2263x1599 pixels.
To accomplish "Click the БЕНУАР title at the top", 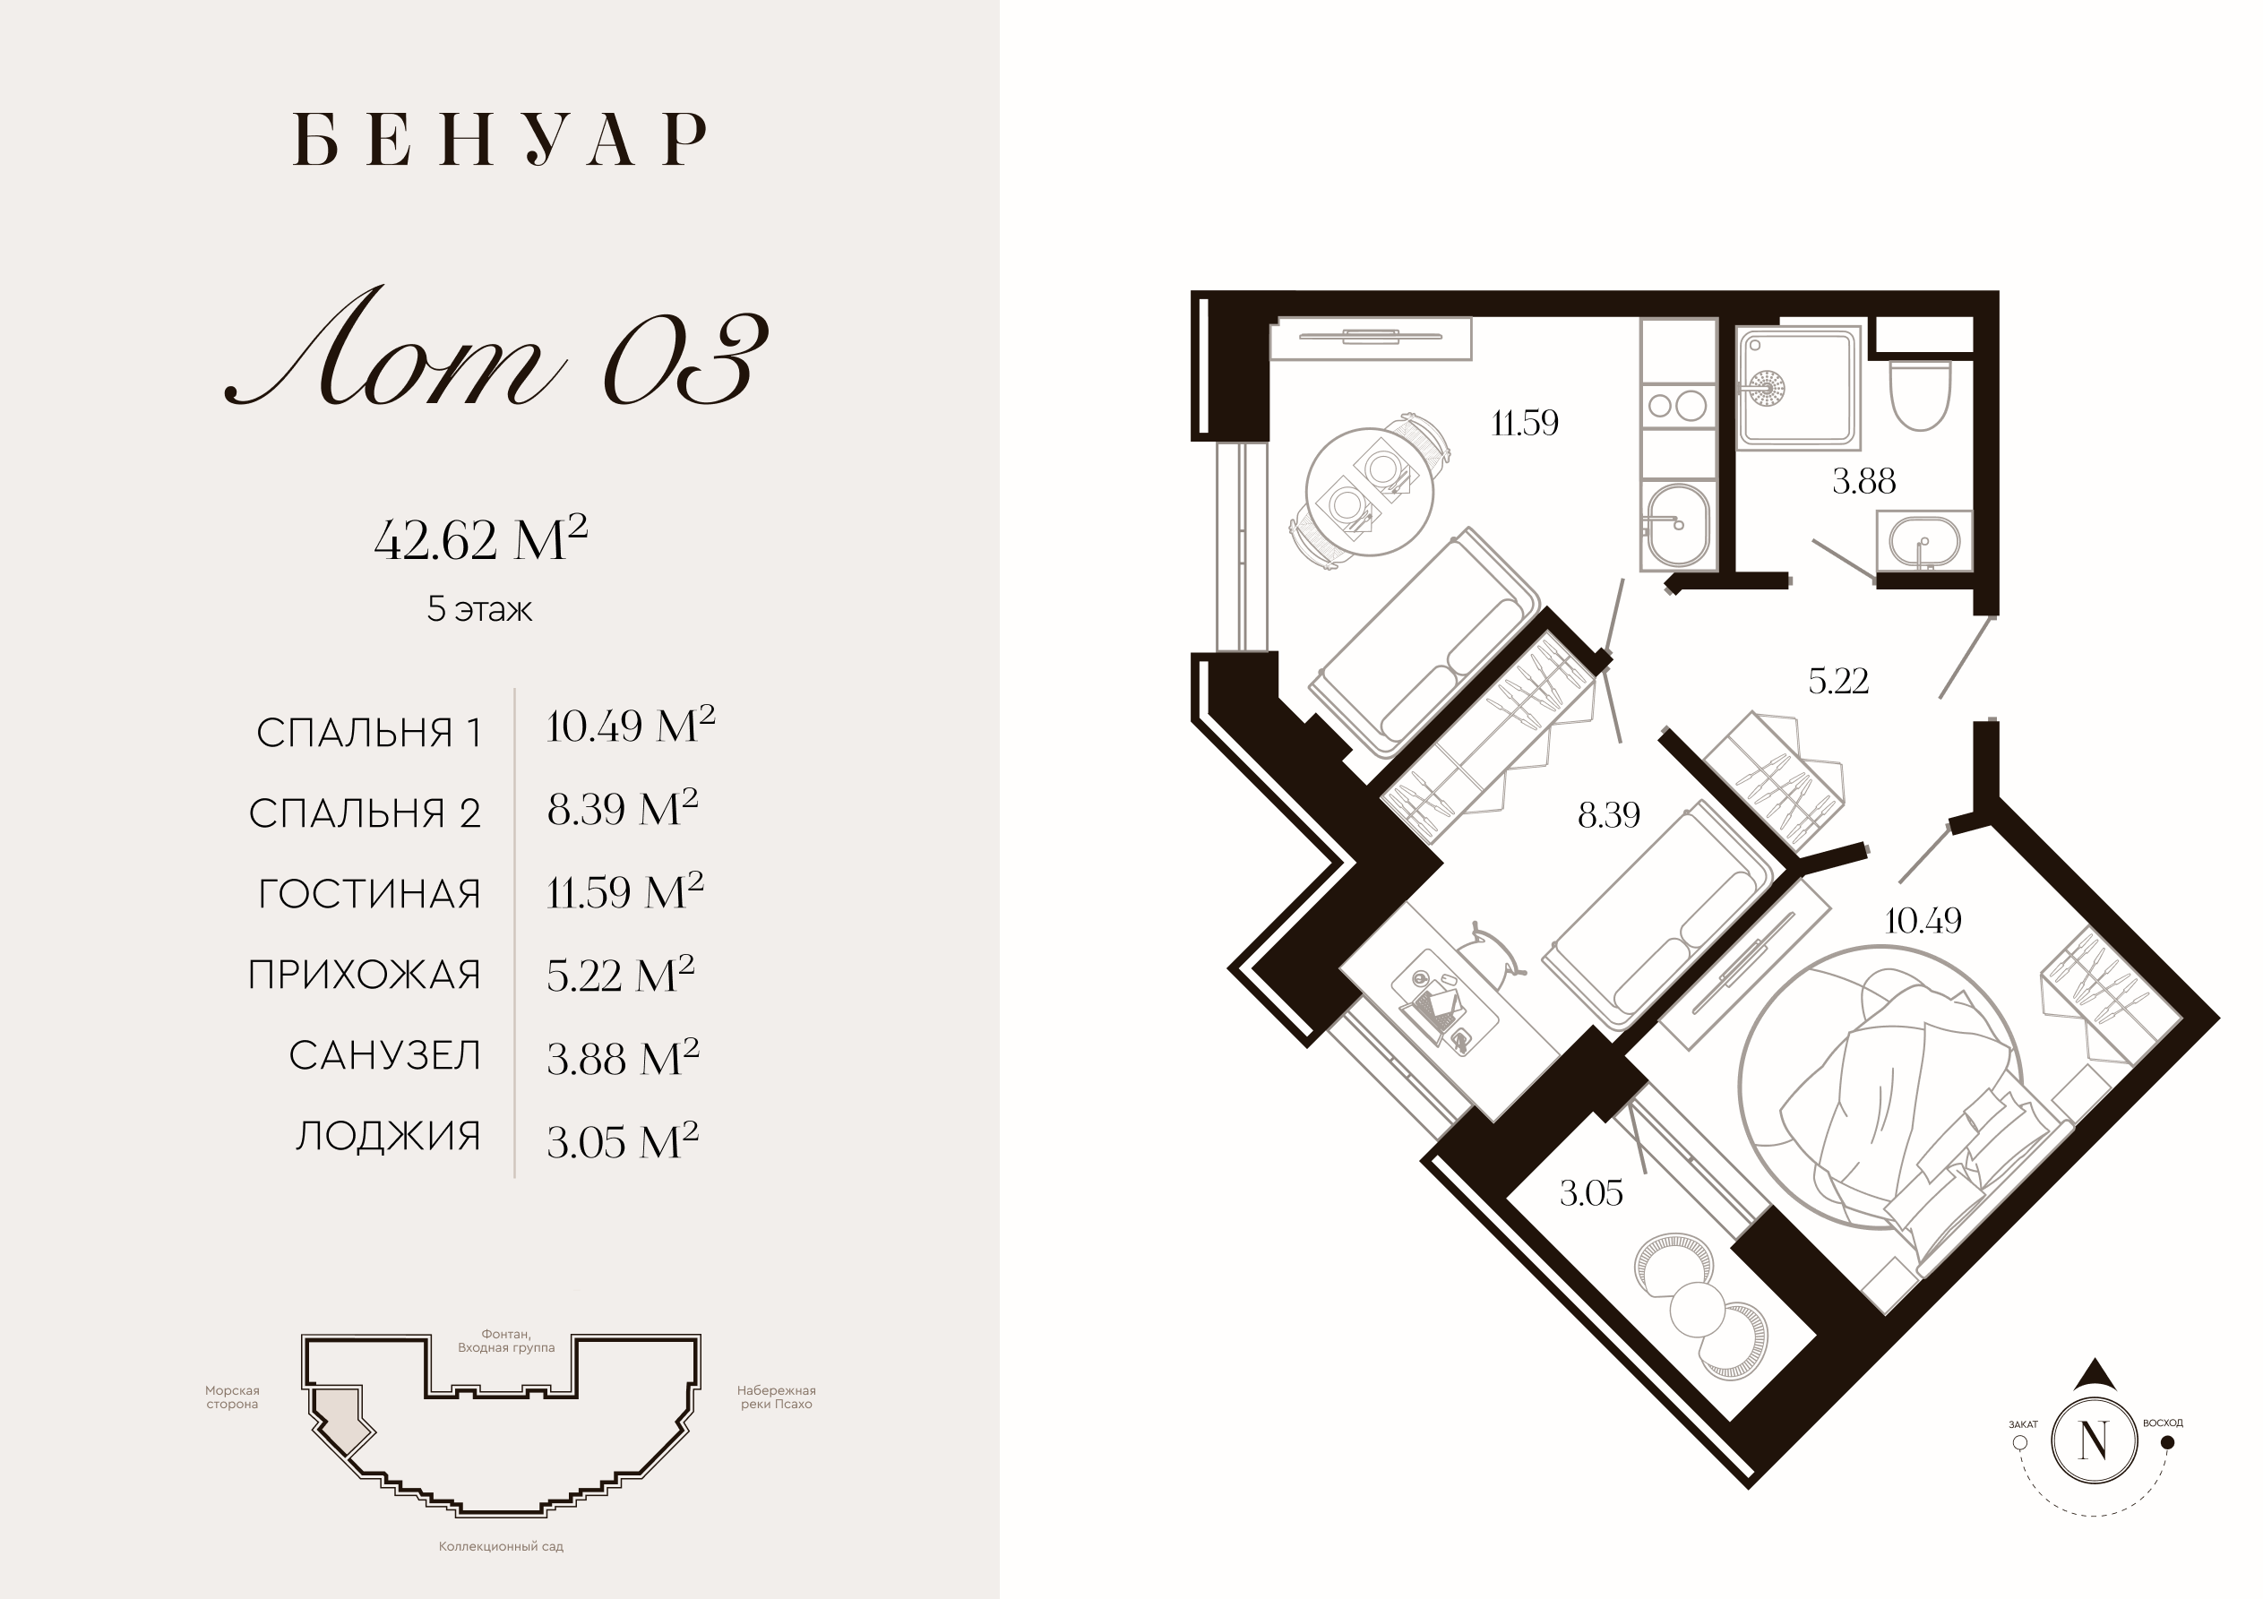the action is [501, 139].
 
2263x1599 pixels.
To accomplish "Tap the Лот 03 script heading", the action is [498, 348].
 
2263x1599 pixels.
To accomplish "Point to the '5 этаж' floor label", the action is [479, 609].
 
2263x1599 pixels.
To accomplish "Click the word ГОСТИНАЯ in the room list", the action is [370, 894].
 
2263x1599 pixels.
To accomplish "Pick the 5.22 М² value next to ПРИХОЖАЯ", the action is [621, 974].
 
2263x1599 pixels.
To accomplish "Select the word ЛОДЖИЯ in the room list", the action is [388, 1137].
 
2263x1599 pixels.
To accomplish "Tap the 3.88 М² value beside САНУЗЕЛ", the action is [623, 1057].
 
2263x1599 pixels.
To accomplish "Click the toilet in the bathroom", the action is [1920, 394].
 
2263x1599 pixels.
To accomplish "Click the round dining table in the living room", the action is [1369, 492].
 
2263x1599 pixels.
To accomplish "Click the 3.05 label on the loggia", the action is [1591, 1193].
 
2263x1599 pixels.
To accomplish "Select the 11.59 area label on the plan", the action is [1525, 423].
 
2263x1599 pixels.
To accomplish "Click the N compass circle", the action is [2095, 1442].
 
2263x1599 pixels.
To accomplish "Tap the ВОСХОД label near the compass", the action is [2163, 1423].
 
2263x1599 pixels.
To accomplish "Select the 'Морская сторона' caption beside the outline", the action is [233, 1397].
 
